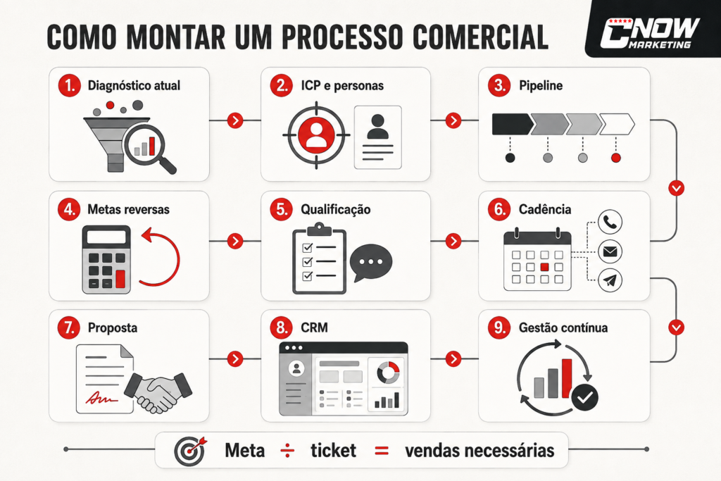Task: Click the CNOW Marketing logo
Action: (649, 32)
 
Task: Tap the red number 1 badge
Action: (70, 85)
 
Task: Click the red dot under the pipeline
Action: (615, 158)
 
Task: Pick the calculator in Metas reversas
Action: (106, 260)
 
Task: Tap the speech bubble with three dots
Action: (370, 263)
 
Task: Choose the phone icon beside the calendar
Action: (610, 222)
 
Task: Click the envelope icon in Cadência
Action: (610, 251)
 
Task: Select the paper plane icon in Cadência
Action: (610, 280)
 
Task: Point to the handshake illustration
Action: (158, 392)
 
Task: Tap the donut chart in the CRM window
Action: (389, 372)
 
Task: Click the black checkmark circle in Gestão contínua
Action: (585, 397)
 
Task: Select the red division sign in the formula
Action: (287, 451)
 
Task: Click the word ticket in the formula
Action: (333, 451)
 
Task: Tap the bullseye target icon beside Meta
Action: (190, 451)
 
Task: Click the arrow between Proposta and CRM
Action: (235, 358)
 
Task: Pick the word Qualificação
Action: (336, 210)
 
